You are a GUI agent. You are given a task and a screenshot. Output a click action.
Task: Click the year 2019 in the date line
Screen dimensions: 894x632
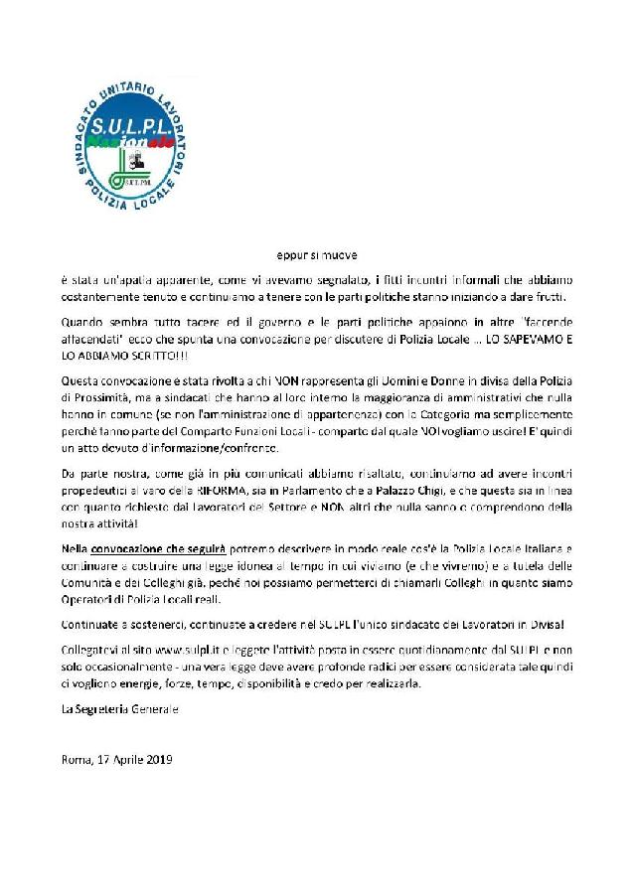[x=158, y=760]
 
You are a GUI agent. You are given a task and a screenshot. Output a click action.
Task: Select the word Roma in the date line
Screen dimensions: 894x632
[x=76, y=760]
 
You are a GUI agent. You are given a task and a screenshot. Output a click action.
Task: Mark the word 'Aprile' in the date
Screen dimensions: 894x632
[x=124, y=760]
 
